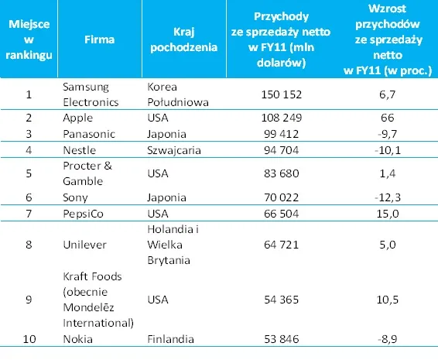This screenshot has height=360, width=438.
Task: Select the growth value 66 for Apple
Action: [388, 119]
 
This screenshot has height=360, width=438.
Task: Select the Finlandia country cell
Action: [171, 339]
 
